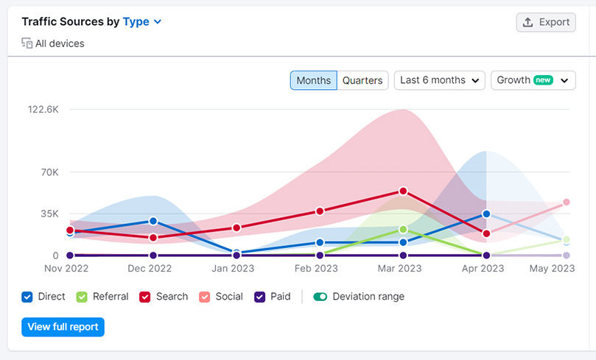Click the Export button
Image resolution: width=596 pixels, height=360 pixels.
click(546, 22)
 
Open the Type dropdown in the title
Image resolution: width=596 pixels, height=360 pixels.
click(142, 22)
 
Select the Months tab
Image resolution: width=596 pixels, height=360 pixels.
click(313, 80)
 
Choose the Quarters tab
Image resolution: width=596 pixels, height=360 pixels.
click(362, 80)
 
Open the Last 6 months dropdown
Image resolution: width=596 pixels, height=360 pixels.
click(440, 80)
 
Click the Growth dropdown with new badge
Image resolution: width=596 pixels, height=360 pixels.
click(533, 80)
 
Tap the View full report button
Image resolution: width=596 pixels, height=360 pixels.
click(63, 327)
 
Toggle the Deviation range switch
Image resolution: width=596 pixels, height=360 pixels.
click(320, 297)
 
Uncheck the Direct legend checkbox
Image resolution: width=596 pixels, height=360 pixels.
click(27, 297)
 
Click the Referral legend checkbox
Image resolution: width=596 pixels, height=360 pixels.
click(83, 297)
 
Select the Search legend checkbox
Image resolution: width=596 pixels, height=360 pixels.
click(145, 297)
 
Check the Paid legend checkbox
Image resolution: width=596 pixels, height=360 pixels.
click(259, 297)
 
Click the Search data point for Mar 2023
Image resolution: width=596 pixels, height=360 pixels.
click(403, 191)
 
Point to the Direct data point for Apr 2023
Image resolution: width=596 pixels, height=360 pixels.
click(486, 214)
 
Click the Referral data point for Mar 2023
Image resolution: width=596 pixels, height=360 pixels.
click(403, 230)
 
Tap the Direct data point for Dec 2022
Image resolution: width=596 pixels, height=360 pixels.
click(153, 221)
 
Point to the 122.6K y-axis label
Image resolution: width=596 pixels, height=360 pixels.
click(43, 109)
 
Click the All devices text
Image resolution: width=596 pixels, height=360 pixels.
click(60, 43)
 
